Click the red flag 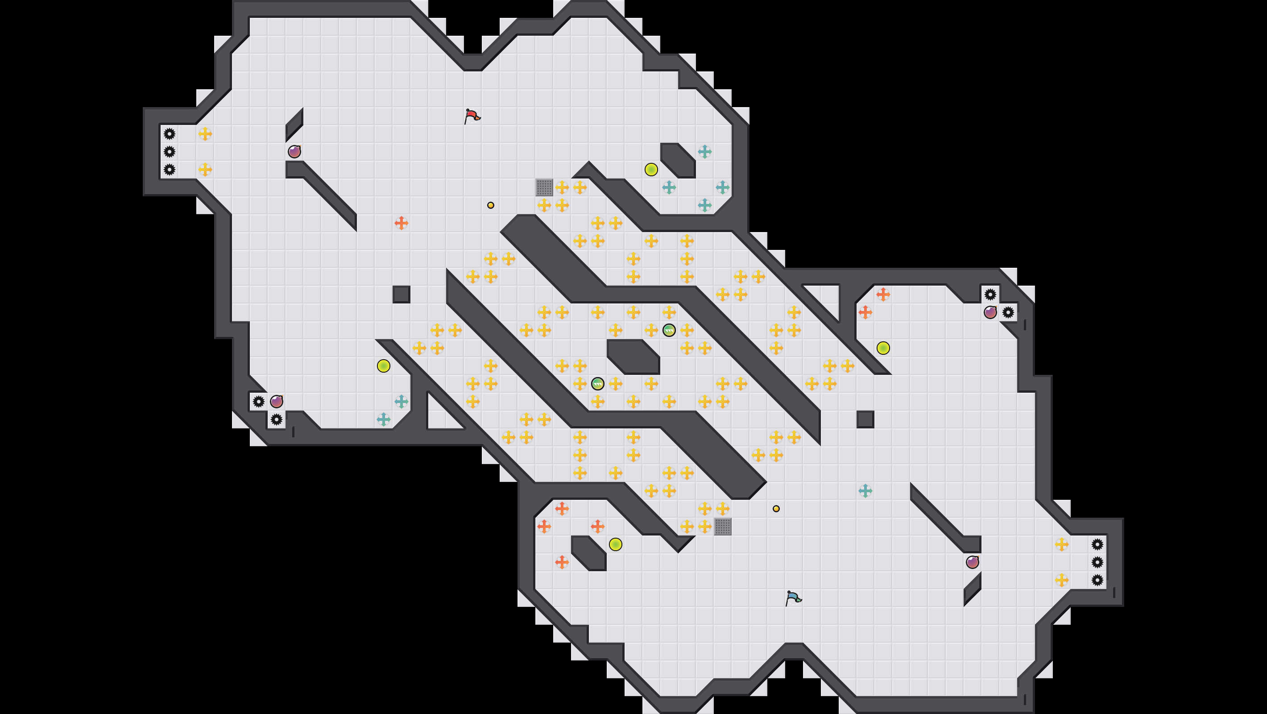472,116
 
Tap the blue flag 793,598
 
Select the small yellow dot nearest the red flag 490,205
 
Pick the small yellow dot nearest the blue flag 776,509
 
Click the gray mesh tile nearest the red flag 544,187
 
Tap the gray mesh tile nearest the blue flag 723,527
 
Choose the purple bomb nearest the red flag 294,152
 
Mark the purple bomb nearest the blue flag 973,562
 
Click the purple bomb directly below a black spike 990,312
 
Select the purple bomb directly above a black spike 277,402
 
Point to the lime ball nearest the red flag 651,170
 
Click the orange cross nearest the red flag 402,223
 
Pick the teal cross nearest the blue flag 865,490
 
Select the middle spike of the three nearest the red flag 169,152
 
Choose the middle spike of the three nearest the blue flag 1097,562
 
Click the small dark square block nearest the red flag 402,294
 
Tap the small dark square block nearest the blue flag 865,419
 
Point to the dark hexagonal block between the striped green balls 633,356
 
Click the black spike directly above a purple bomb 990,294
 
